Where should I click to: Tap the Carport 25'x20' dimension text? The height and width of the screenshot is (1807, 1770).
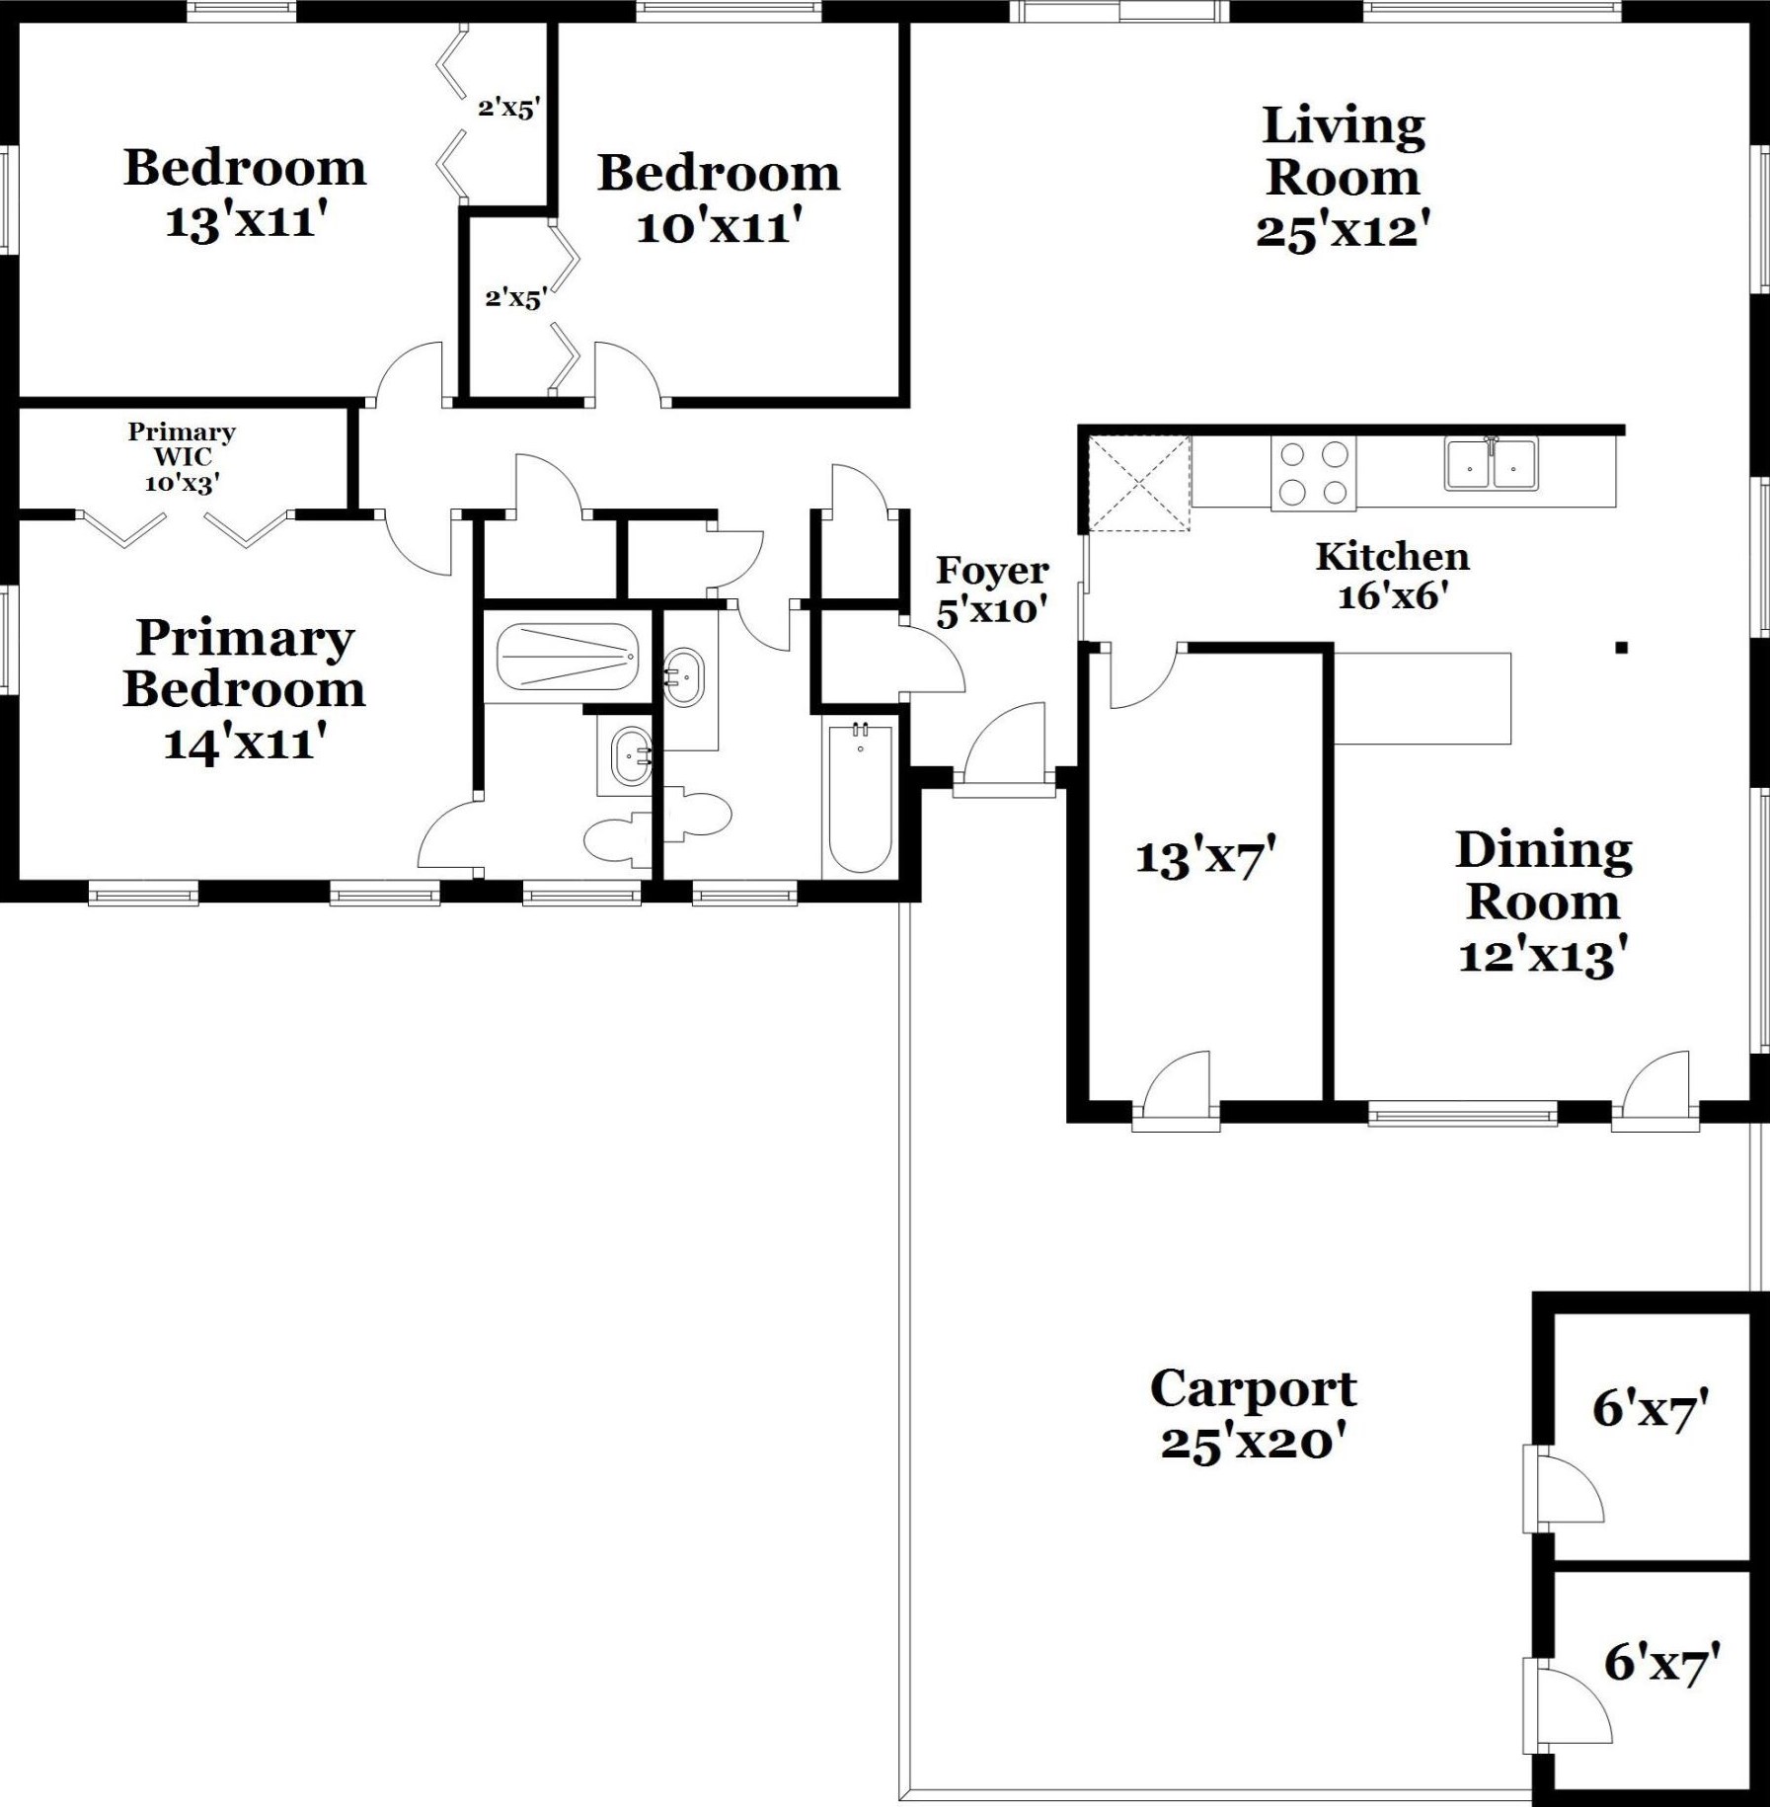1254,1443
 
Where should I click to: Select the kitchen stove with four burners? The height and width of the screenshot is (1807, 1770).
1313,473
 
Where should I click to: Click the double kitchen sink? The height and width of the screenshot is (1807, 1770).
1491,463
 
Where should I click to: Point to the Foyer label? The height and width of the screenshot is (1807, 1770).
992,570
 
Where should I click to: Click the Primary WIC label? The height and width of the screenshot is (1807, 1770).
183,444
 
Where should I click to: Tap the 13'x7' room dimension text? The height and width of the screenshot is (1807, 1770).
1205,856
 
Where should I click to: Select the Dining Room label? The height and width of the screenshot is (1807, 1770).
1544,876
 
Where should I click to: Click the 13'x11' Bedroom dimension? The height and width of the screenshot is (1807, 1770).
246,220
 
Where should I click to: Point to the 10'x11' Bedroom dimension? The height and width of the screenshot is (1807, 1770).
719,226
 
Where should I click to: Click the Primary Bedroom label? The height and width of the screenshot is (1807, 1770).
245,664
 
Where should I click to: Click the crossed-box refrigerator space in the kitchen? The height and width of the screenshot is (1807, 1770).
1139,484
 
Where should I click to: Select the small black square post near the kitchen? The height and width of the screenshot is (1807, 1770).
1621,648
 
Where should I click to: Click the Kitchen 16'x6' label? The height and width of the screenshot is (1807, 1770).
1393,576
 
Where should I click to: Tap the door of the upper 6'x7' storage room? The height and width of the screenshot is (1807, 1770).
1565,1489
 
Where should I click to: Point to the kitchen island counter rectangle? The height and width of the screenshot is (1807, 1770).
1423,698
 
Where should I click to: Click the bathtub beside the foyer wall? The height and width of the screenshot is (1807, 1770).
860,798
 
